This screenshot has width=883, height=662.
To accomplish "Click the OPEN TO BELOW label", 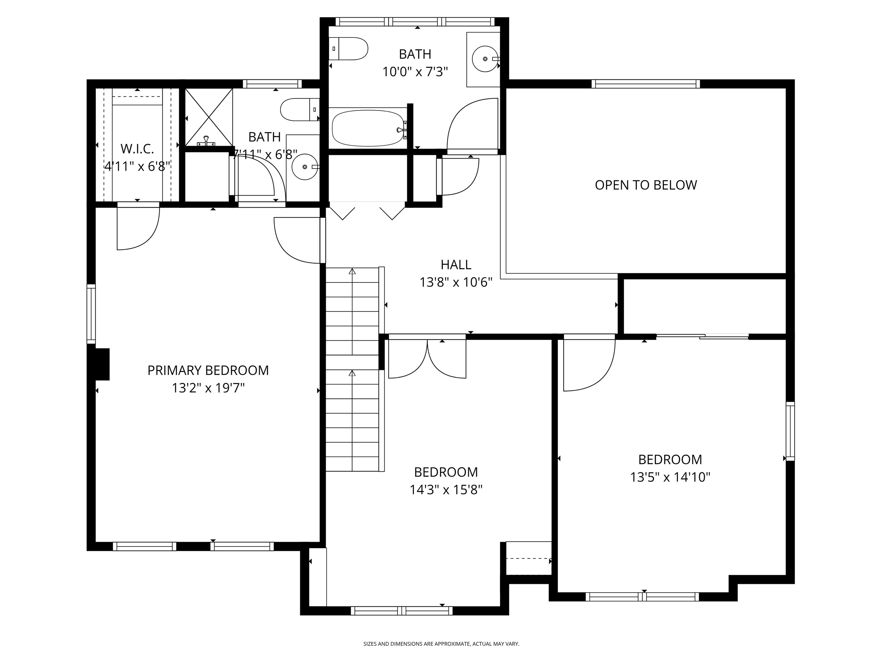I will coord(646,185).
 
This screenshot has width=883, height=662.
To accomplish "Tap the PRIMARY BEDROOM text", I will coord(208,370).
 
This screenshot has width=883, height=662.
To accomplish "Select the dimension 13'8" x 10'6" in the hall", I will coord(456,282).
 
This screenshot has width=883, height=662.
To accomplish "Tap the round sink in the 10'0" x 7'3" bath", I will coord(485,59).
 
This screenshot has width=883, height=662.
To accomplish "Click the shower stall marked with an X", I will coord(209,117).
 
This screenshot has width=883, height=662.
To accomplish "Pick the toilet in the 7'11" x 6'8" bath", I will coord(300,109).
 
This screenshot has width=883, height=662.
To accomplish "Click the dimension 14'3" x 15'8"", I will coord(446,490).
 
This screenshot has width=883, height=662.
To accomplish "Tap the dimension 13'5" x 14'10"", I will coord(670,477).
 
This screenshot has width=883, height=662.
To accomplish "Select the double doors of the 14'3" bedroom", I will coord(427,358).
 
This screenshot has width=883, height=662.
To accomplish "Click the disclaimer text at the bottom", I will coord(441,644).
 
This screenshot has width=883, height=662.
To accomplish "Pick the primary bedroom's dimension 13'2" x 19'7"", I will coord(208,388).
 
